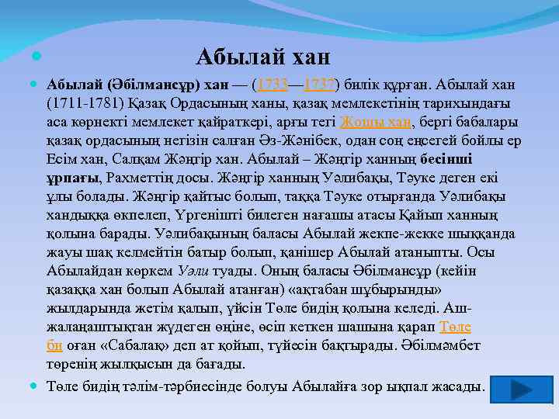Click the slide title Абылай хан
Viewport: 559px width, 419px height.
tap(263, 57)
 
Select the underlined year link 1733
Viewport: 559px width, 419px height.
tap(273, 84)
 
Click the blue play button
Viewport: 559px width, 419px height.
tap(512, 388)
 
